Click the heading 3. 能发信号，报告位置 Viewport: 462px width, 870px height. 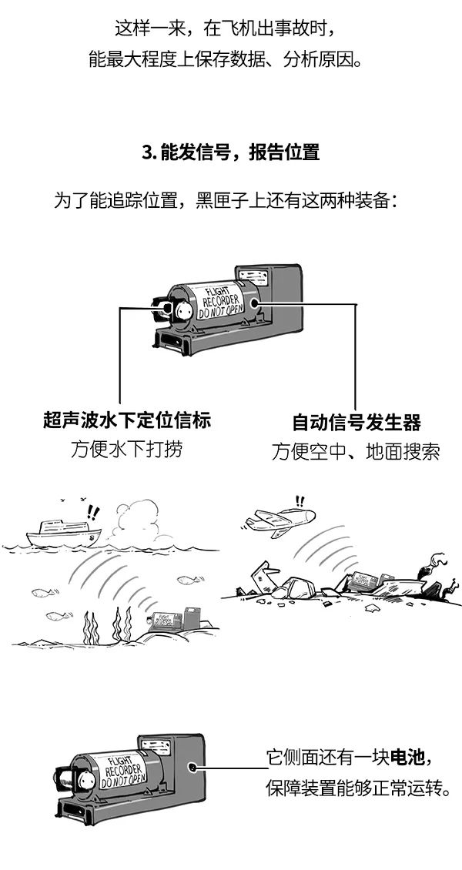[231, 152]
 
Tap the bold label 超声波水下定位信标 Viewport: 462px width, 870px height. [127, 420]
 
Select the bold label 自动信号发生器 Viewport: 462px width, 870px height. [357, 423]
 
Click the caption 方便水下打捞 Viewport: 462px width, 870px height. [126, 449]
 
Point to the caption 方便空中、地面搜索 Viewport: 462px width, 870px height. [356, 452]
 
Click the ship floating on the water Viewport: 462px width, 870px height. [64, 534]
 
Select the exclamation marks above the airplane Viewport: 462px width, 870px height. [300, 501]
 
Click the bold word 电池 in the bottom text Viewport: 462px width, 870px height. [407, 757]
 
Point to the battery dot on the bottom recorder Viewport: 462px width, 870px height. [192, 768]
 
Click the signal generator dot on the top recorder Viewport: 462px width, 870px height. [255, 303]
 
